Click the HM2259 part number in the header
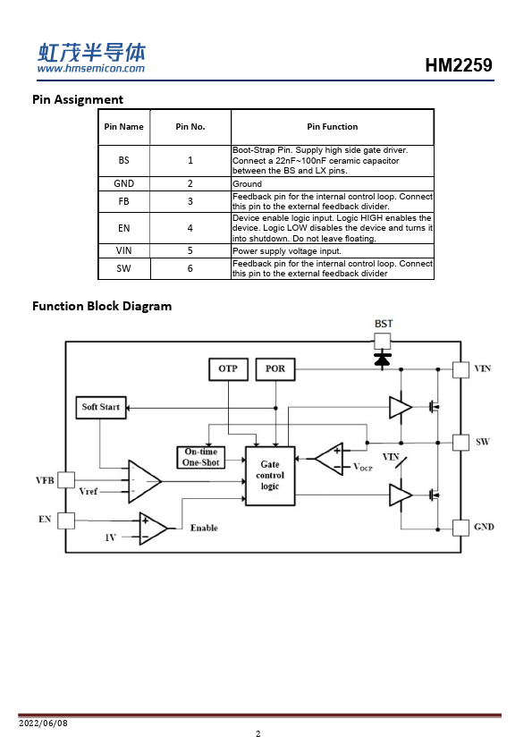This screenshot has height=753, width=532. tap(459, 65)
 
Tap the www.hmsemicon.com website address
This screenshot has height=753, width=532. tap(90, 68)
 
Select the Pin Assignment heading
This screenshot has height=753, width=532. tap(78, 99)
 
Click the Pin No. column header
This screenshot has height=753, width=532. tap(190, 127)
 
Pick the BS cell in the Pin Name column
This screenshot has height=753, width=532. tap(124, 160)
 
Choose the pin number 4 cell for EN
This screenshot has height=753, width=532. tap(190, 228)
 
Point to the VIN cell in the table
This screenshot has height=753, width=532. tap(124, 250)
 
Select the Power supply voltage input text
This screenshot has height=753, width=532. tap(287, 251)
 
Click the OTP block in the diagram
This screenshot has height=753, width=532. tap(229, 369)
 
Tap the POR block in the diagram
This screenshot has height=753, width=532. tap(275, 369)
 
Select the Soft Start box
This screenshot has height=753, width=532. tap(101, 407)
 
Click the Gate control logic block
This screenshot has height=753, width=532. tap(270, 476)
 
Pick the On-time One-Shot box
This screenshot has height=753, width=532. tap(201, 457)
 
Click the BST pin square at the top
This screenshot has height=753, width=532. tap(382, 342)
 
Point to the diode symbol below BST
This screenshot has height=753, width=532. tap(382, 360)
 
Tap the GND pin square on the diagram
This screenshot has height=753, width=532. tap(461, 528)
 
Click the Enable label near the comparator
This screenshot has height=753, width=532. tap(204, 528)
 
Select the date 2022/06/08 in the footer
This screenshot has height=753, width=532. tap(43, 723)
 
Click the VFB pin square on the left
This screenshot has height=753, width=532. tap(66, 479)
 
